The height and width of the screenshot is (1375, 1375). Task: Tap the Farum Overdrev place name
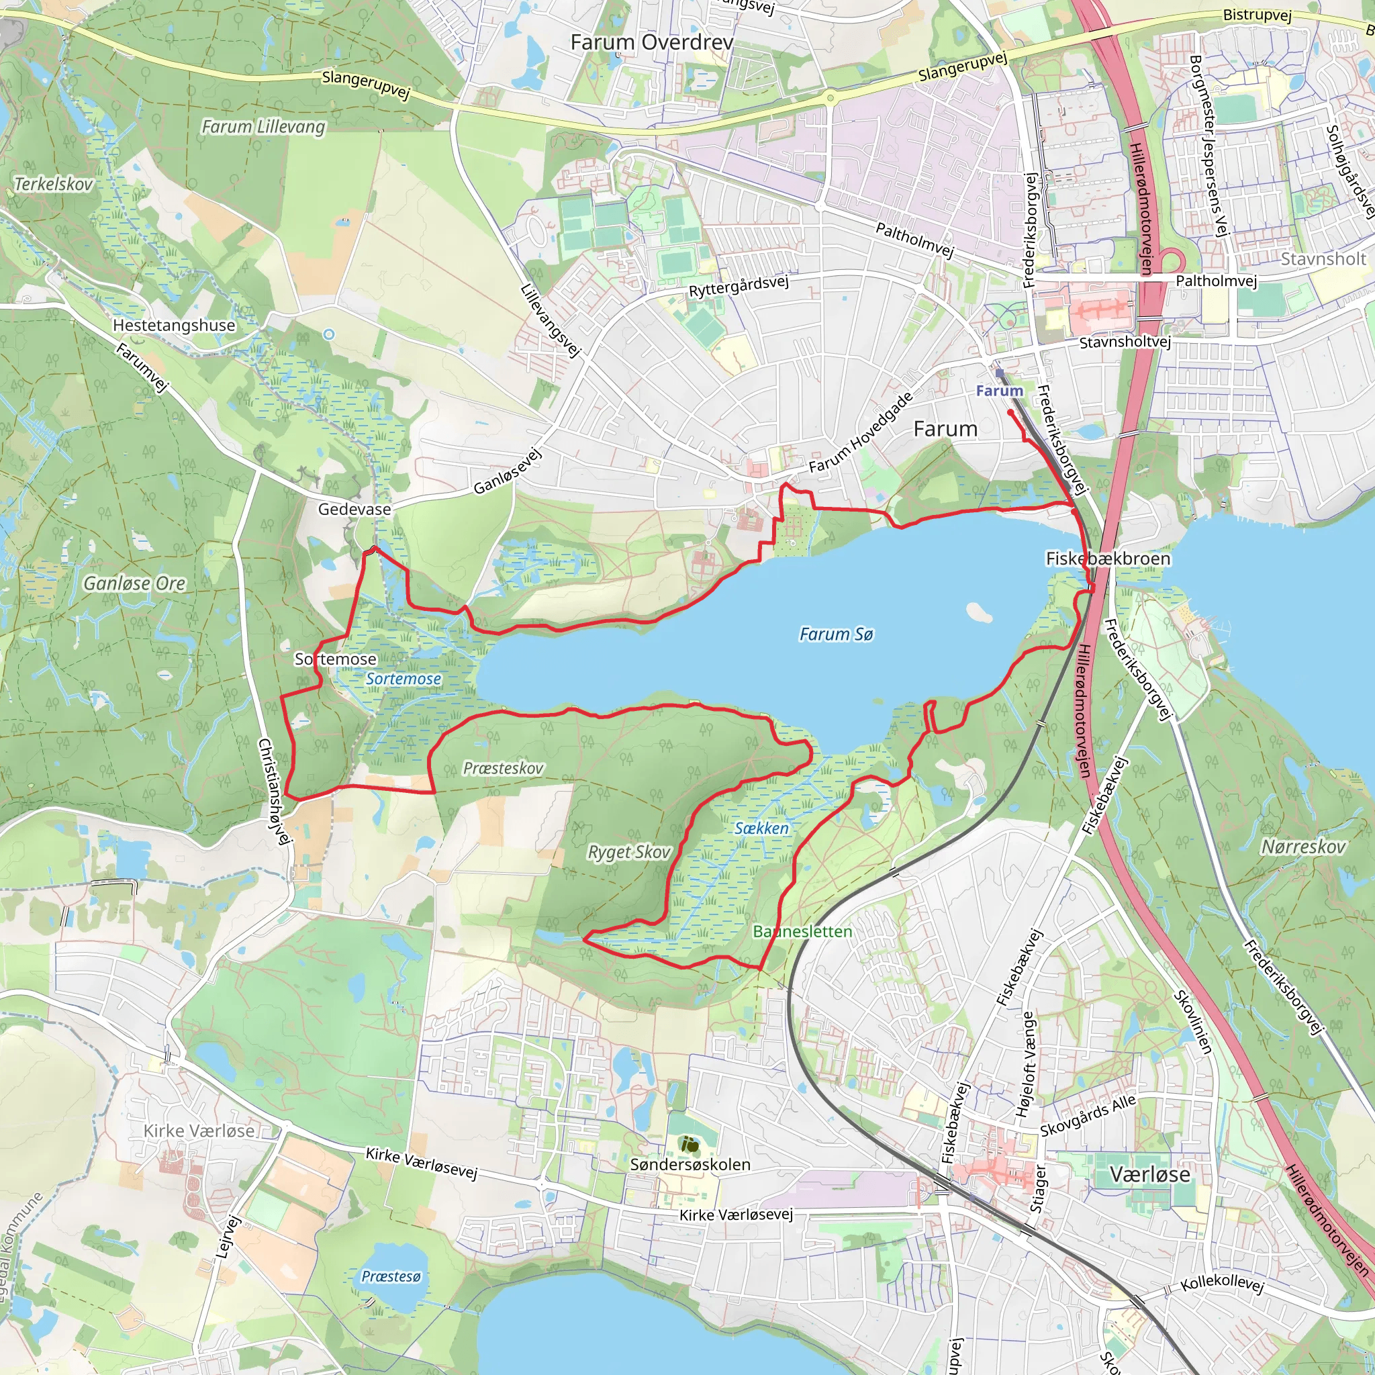coord(651,43)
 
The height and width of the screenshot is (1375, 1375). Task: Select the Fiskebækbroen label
coord(1107,559)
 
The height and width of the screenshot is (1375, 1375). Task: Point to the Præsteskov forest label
coord(503,769)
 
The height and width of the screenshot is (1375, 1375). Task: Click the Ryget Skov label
coord(629,852)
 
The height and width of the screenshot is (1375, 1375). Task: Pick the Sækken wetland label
coord(761,828)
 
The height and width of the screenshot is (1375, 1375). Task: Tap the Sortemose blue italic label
coord(404,679)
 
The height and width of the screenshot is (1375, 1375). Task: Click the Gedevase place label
coord(354,510)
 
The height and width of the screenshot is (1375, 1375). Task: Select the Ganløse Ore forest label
coord(134,583)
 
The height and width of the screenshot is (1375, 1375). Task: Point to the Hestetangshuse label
coord(174,325)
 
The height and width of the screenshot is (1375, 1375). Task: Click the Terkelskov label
coord(54,185)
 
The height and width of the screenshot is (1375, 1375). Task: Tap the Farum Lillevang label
coord(263,127)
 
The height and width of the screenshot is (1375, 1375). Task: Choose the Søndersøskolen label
coord(690,1165)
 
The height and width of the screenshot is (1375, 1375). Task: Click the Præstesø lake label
coord(391,1276)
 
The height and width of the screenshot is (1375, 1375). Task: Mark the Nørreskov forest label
coord(1303,847)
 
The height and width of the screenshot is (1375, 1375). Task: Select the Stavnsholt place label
coord(1323,259)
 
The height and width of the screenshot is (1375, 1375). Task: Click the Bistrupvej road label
coord(1257,15)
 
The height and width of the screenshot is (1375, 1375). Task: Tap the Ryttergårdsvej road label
coord(739,286)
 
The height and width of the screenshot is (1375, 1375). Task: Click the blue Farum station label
coord(999,391)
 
